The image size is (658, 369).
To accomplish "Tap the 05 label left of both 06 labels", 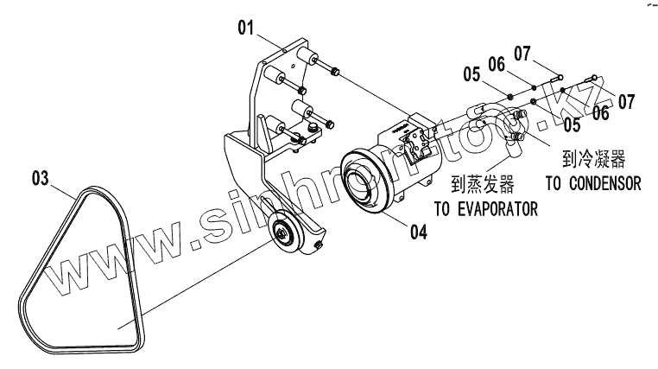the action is [x=471, y=74].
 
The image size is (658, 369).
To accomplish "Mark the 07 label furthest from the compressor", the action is [x=626, y=102].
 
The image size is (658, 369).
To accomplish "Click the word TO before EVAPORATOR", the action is [x=441, y=208].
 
